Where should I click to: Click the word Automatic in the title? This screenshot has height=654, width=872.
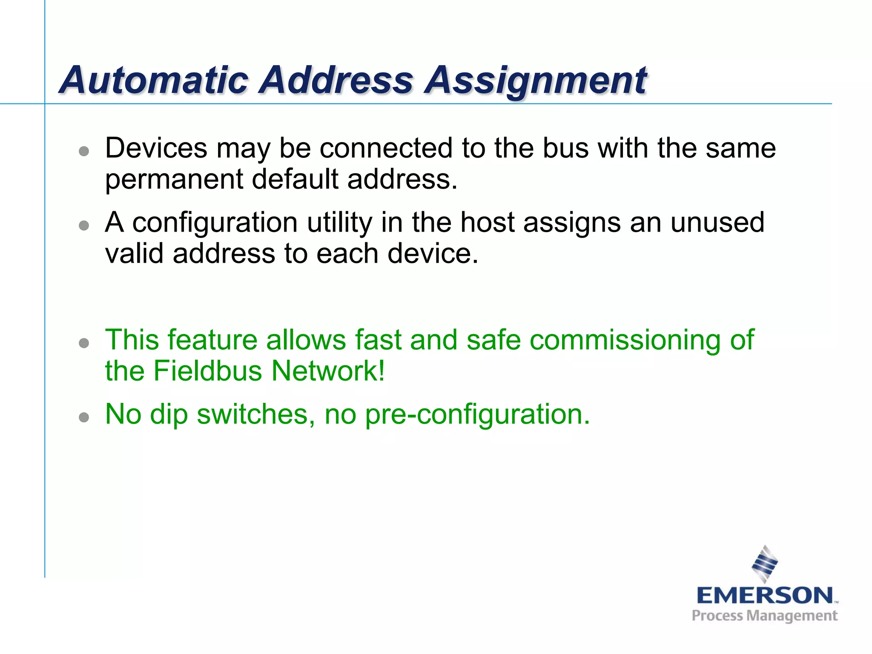(x=154, y=80)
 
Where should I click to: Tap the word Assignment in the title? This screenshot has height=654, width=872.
(x=536, y=81)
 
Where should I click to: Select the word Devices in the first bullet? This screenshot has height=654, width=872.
(x=156, y=148)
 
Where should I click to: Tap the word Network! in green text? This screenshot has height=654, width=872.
(x=328, y=371)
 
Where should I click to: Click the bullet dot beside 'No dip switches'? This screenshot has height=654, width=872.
(x=84, y=417)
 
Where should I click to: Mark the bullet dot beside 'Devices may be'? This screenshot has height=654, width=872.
(x=84, y=151)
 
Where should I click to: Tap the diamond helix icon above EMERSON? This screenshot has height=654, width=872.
(x=765, y=564)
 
